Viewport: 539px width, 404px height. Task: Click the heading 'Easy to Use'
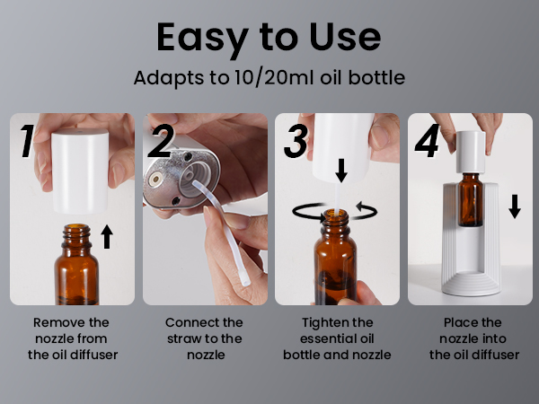point(269,38)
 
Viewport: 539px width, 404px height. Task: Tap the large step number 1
point(27,142)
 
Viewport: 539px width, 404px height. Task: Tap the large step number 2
point(162,142)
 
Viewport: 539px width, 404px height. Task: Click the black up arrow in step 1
point(108,237)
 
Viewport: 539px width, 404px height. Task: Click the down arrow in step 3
point(340,169)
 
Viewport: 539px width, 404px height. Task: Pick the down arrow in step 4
point(514,207)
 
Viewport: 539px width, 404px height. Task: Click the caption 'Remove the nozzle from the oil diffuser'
point(75,338)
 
